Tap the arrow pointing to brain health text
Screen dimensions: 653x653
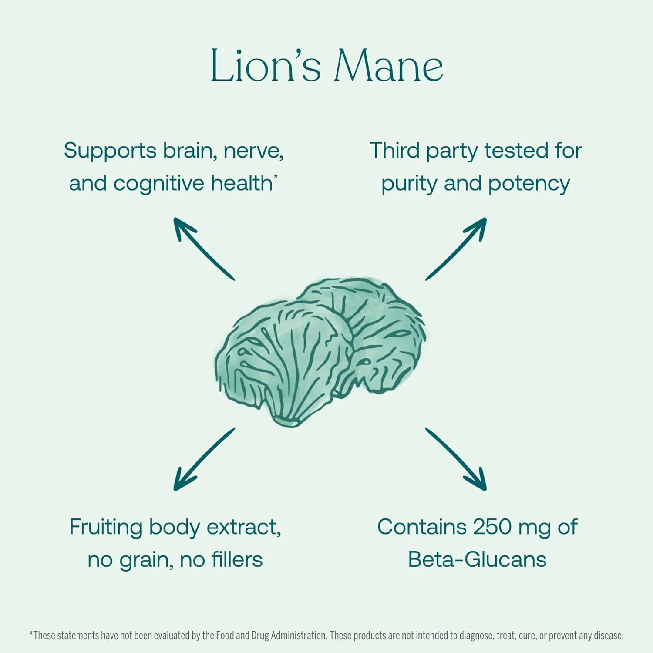click(204, 249)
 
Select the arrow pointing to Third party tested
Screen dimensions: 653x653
click(456, 249)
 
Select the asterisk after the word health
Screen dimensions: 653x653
click(276, 175)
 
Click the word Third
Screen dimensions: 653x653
click(395, 151)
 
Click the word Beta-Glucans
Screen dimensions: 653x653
click(477, 560)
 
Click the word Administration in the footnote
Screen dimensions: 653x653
click(298, 636)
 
